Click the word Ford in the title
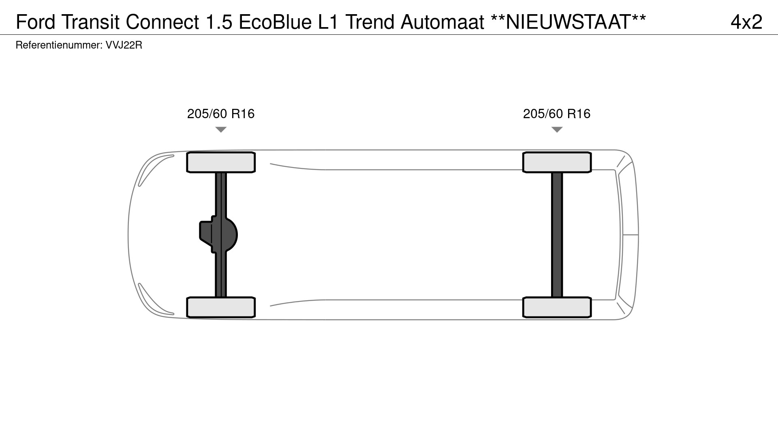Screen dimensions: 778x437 (x=36, y=22)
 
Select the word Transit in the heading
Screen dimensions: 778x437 (x=91, y=22)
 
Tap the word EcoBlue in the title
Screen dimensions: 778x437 (x=276, y=22)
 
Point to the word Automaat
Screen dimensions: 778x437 (x=442, y=22)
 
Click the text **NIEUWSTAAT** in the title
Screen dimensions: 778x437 (x=569, y=22)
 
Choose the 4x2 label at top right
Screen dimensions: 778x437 (x=746, y=22)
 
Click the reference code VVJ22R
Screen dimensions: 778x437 (x=124, y=45)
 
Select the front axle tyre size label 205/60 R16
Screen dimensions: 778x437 (x=221, y=114)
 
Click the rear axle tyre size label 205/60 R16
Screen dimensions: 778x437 (x=557, y=114)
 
